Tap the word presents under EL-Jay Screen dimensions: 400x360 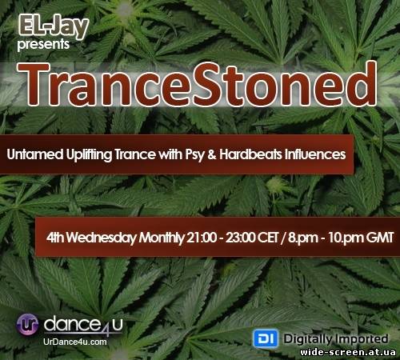(43, 45)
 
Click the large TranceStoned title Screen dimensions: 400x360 (198, 84)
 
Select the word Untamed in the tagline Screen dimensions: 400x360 (35, 154)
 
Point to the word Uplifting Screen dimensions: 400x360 (89, 155)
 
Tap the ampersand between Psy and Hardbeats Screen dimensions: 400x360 (212, 154)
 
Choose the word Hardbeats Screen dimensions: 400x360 (250, 154)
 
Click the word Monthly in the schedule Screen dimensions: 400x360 (162, 238)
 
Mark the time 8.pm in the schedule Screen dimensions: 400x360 (303, 238)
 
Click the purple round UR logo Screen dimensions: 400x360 (27, 325)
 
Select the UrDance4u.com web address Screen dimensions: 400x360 (75, 342)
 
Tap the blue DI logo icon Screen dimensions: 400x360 (266, 338)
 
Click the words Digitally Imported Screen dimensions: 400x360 (336, 339)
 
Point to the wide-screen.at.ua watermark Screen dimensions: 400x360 (348, 352)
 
